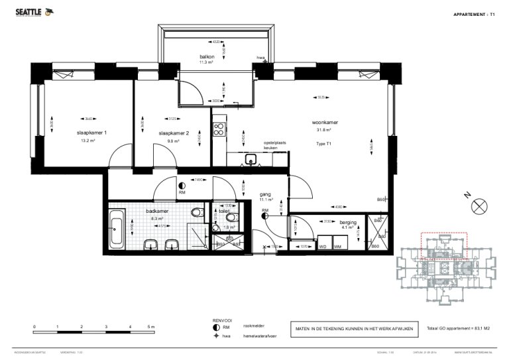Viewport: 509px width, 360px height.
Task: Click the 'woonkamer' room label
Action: coord(326,123)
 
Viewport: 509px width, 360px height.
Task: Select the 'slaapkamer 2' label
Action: coord(174,133)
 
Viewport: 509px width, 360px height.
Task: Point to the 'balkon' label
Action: coord(207,57)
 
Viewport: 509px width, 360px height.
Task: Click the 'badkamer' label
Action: coord(157,211)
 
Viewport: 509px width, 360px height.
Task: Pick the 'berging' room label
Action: coord(348,222)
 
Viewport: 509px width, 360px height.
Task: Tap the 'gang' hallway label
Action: coord(266,193)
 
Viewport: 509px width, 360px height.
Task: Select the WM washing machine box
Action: coord(337,246)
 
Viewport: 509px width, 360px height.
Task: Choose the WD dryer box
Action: coord(323,246)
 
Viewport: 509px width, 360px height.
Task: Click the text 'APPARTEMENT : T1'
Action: coord(474,14)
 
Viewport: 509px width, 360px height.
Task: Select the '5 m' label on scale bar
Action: coord(151,328)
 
